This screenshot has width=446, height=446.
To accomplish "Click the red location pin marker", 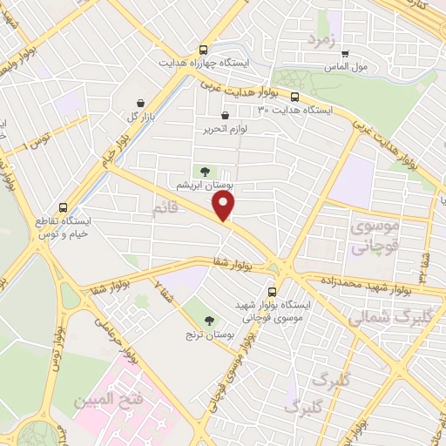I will (x=225, y=206).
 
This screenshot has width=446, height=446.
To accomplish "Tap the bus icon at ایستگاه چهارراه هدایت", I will (x=203, y=50).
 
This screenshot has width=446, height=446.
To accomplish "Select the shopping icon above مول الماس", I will (x=344, y=52).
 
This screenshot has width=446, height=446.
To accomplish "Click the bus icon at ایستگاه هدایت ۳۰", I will (x=294, y=98).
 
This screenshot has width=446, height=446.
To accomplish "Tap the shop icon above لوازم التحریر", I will (x=226, y=115).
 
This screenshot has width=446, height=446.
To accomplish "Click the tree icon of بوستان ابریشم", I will (x=206, y=172).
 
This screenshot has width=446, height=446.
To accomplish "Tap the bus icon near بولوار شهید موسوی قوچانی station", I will (x=273, y=292).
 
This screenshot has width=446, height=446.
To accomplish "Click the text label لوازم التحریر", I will (x=224, y=129).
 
